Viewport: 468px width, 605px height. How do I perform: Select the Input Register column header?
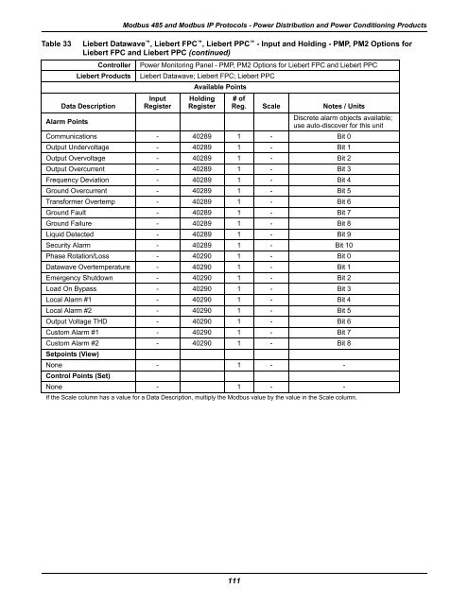click(158, 101)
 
